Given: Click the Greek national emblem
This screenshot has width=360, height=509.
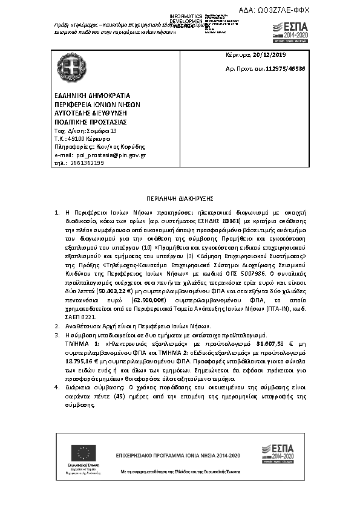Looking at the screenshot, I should pos(65,65).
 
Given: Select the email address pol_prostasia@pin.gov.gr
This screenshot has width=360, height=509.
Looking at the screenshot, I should pos(116,155).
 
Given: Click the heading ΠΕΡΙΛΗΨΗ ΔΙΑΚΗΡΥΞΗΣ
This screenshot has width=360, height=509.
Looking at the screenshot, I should pos(180,198).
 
